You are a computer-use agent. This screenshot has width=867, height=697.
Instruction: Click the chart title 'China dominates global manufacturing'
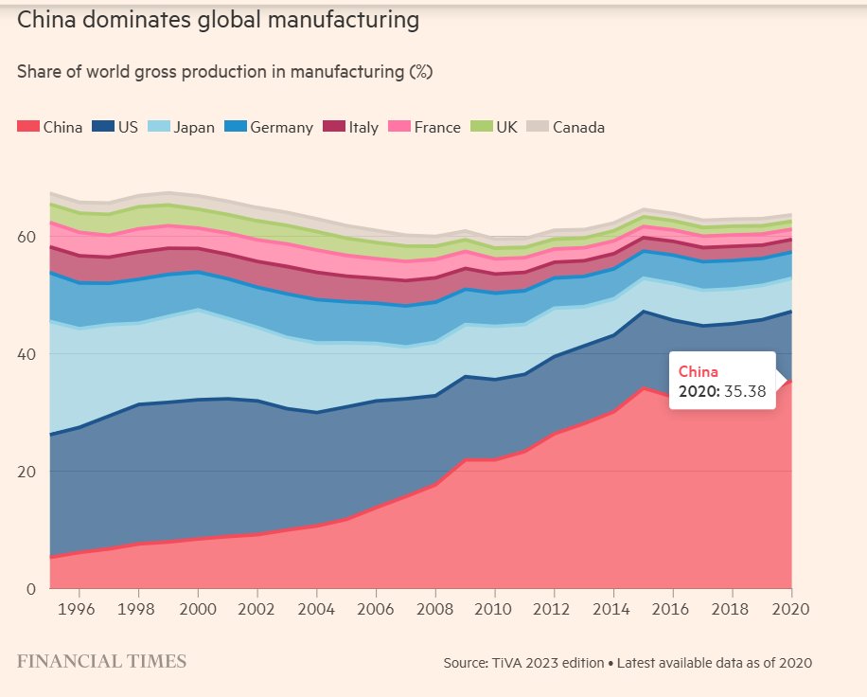coord(218,20)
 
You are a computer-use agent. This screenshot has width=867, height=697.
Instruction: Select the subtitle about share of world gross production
coord(224,72)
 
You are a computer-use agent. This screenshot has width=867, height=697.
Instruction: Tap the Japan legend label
coord(193,127)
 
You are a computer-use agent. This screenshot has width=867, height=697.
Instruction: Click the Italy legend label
coord(363,127)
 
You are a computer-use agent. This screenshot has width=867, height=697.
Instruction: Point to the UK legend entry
coord(506,127)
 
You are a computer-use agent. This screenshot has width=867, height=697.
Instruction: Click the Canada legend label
coord(577,127)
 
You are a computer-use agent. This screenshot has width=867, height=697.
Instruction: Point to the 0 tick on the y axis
coord(31,588)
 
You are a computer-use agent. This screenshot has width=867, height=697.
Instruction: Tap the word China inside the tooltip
coord(699,371)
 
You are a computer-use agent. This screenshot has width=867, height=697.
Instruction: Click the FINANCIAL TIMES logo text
coord(101,661)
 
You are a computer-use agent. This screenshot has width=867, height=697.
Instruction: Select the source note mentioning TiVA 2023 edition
coord(627,663)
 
